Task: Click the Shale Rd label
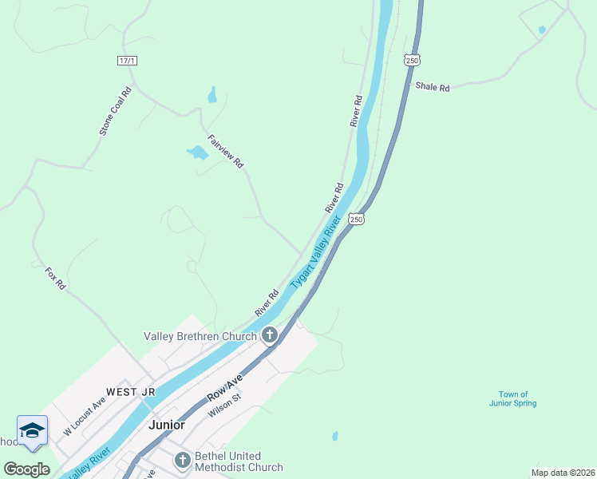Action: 433,86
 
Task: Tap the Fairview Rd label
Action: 225,150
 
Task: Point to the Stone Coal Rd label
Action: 115,110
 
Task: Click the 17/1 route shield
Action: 127,61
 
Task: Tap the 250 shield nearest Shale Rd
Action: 411,60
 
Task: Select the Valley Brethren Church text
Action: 200,336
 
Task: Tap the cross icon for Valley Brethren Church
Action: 270,335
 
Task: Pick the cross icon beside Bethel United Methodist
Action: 183,460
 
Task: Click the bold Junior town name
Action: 166,425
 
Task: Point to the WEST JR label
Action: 131,392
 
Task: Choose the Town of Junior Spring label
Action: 513,399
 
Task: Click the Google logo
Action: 27,469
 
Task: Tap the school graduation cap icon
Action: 32,431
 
